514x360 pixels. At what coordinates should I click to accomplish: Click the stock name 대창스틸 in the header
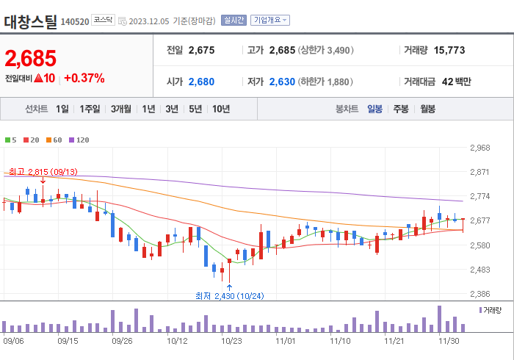pos(30,21)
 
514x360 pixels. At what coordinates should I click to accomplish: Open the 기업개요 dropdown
pos(270,21)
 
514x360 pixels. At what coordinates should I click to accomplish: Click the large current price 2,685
pos(30,57)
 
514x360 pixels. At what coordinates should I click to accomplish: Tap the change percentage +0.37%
pos(84,78)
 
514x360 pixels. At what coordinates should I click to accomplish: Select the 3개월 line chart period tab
pos(121,109)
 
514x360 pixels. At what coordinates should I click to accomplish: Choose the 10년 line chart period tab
pos(220,109)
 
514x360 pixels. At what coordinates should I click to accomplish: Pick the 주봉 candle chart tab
pos(400,109)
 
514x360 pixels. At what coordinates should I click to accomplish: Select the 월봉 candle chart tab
pos(427,109)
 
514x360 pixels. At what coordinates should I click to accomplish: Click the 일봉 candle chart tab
pos(374,109)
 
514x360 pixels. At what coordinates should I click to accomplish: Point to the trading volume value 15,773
pos(449,50)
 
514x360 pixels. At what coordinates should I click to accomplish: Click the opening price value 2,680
pos(201,82)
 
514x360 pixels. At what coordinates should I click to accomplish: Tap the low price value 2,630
pos(281,82)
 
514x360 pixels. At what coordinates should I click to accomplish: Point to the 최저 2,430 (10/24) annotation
pos(229,295)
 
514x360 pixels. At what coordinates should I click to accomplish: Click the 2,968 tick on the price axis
pos(479,148)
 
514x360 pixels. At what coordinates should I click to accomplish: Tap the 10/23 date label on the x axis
pos(231,340)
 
